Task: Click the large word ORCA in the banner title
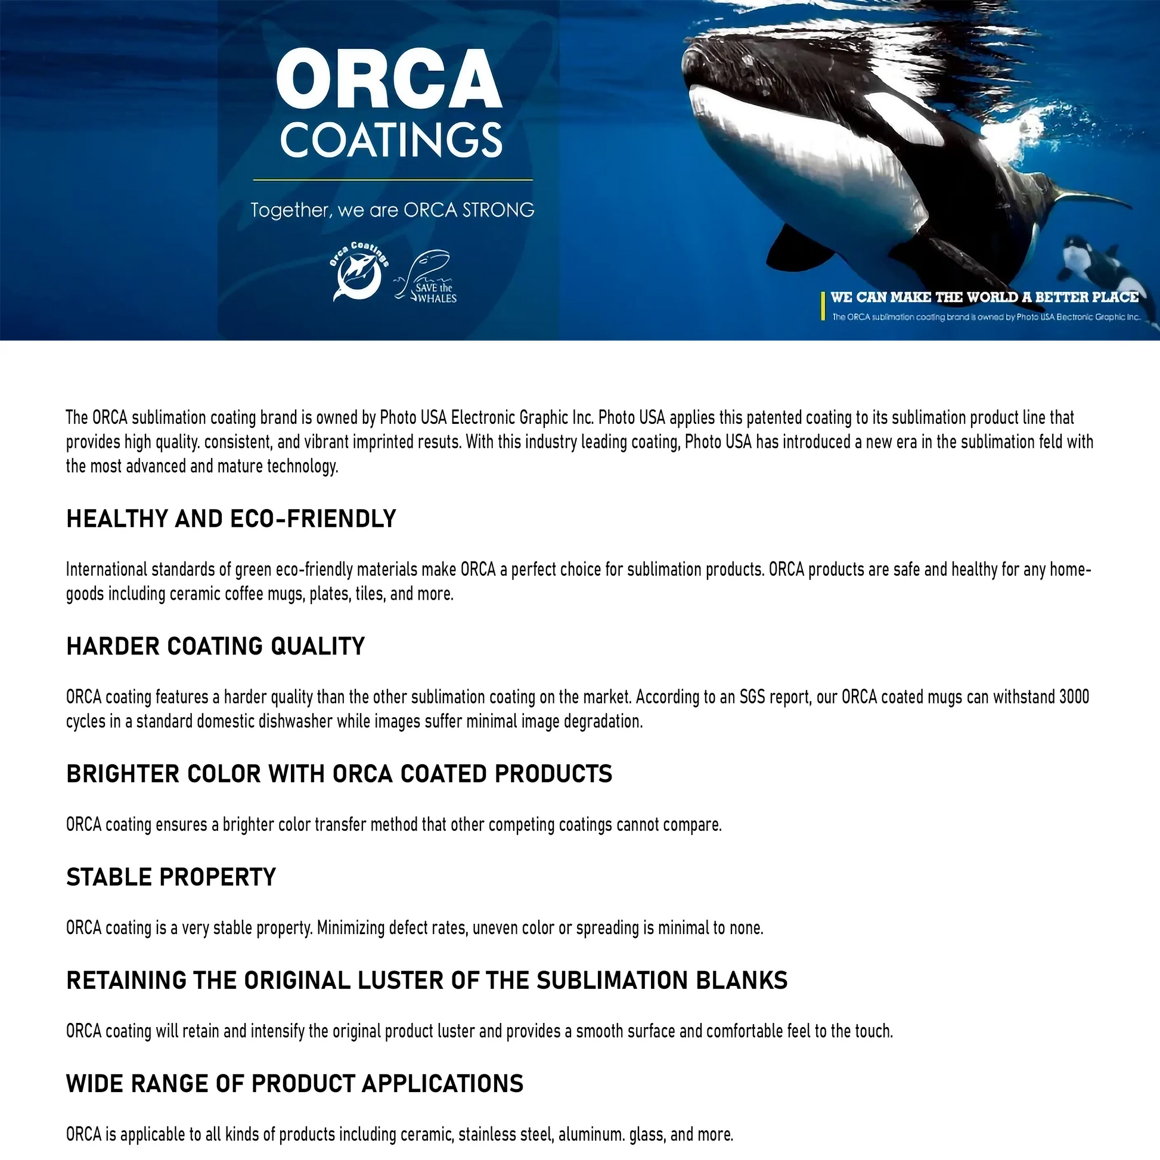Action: point(389,79)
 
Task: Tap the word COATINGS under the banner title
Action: point(391,139)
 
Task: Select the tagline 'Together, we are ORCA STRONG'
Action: point(392,210)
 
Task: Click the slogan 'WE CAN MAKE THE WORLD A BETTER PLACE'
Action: point(984,297)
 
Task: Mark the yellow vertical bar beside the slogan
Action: point(823,306)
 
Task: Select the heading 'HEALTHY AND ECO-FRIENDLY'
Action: point(231,519)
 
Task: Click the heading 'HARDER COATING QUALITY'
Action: point(216,647)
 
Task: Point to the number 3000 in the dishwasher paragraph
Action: point(1074,697)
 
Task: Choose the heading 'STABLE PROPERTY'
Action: point(171,877)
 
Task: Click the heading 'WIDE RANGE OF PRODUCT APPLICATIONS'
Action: point(295,1084)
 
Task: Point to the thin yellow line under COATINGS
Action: point(393,179)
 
